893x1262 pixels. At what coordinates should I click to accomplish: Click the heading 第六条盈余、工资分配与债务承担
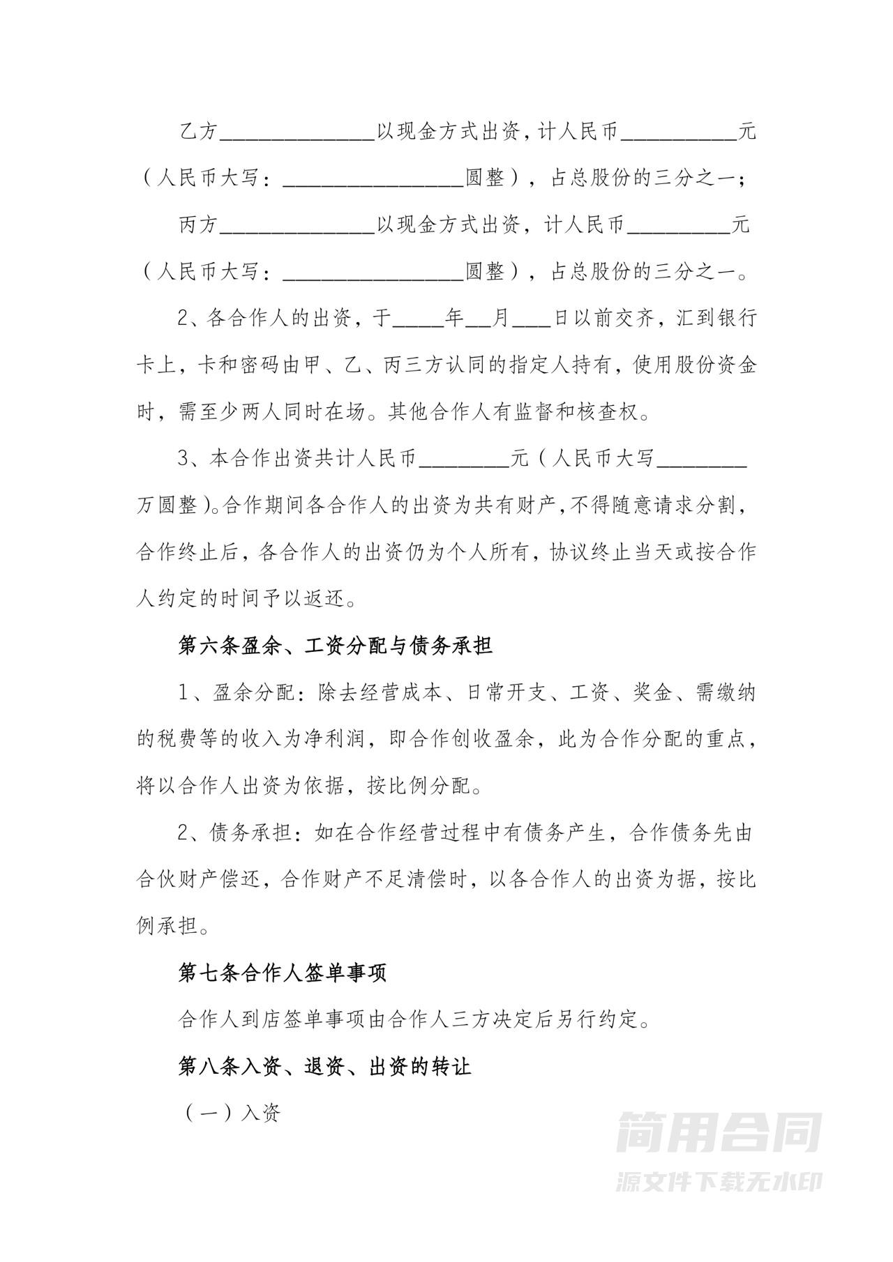336,646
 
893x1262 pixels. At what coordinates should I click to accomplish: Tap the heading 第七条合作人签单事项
283,973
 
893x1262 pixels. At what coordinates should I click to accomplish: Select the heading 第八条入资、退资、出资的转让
325,1066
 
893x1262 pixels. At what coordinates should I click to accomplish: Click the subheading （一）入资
232,1113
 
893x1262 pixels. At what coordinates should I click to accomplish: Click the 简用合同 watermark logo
719,1132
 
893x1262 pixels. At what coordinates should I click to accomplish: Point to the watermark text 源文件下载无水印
719,1181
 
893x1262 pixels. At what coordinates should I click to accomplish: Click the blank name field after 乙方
298,132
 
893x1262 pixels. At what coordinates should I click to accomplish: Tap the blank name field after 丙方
298,226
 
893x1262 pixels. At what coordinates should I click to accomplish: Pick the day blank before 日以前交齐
532,320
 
